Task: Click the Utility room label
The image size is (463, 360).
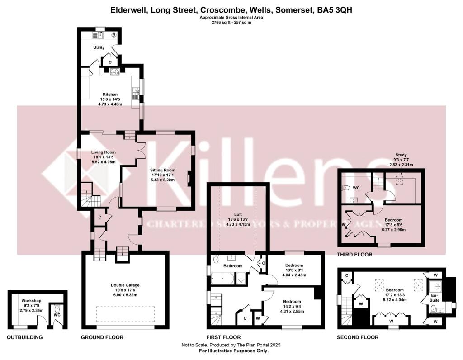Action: point(99,47)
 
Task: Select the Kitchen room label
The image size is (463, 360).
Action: point(110,94)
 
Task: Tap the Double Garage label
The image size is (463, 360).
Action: point(125,285)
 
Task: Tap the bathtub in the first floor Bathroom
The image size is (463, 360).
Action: point(222,278)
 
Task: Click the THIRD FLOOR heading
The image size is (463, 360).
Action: point(354,255)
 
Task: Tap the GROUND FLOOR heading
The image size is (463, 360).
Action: point(102,337)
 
